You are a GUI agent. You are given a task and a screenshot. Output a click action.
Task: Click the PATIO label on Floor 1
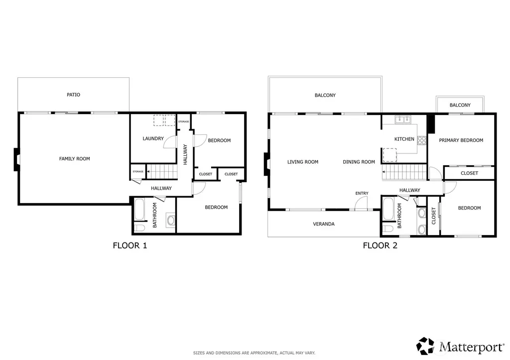73,95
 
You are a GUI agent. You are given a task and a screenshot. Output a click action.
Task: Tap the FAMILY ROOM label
75,159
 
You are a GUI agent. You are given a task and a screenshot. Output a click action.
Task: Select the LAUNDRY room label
153,138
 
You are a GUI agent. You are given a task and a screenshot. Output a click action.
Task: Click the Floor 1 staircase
162,171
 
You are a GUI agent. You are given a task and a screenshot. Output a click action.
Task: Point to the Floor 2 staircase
404,172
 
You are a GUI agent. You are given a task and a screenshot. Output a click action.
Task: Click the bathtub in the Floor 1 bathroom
139,210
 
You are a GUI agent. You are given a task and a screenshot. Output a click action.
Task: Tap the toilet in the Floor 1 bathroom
139,228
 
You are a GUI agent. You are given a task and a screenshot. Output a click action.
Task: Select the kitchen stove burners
422,140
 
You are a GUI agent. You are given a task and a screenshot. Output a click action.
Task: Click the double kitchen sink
403,120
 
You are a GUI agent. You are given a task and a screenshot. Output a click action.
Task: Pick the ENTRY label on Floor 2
362,193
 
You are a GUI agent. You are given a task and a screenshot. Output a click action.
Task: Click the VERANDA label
324,224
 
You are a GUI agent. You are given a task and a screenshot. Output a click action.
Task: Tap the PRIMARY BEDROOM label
461,140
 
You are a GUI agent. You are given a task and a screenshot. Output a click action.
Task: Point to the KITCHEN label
404,139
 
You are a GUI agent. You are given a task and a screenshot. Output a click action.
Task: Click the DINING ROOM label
359,162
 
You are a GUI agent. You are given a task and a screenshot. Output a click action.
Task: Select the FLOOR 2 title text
380,245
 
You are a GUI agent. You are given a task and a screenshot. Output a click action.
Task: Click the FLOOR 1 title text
130,245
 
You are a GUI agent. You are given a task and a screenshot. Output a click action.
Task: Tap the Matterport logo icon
425,346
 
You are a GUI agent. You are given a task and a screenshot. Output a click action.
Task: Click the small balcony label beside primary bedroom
460,105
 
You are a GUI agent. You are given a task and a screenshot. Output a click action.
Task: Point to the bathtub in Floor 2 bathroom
388,209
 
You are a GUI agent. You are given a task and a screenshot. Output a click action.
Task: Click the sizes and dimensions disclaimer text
254,353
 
